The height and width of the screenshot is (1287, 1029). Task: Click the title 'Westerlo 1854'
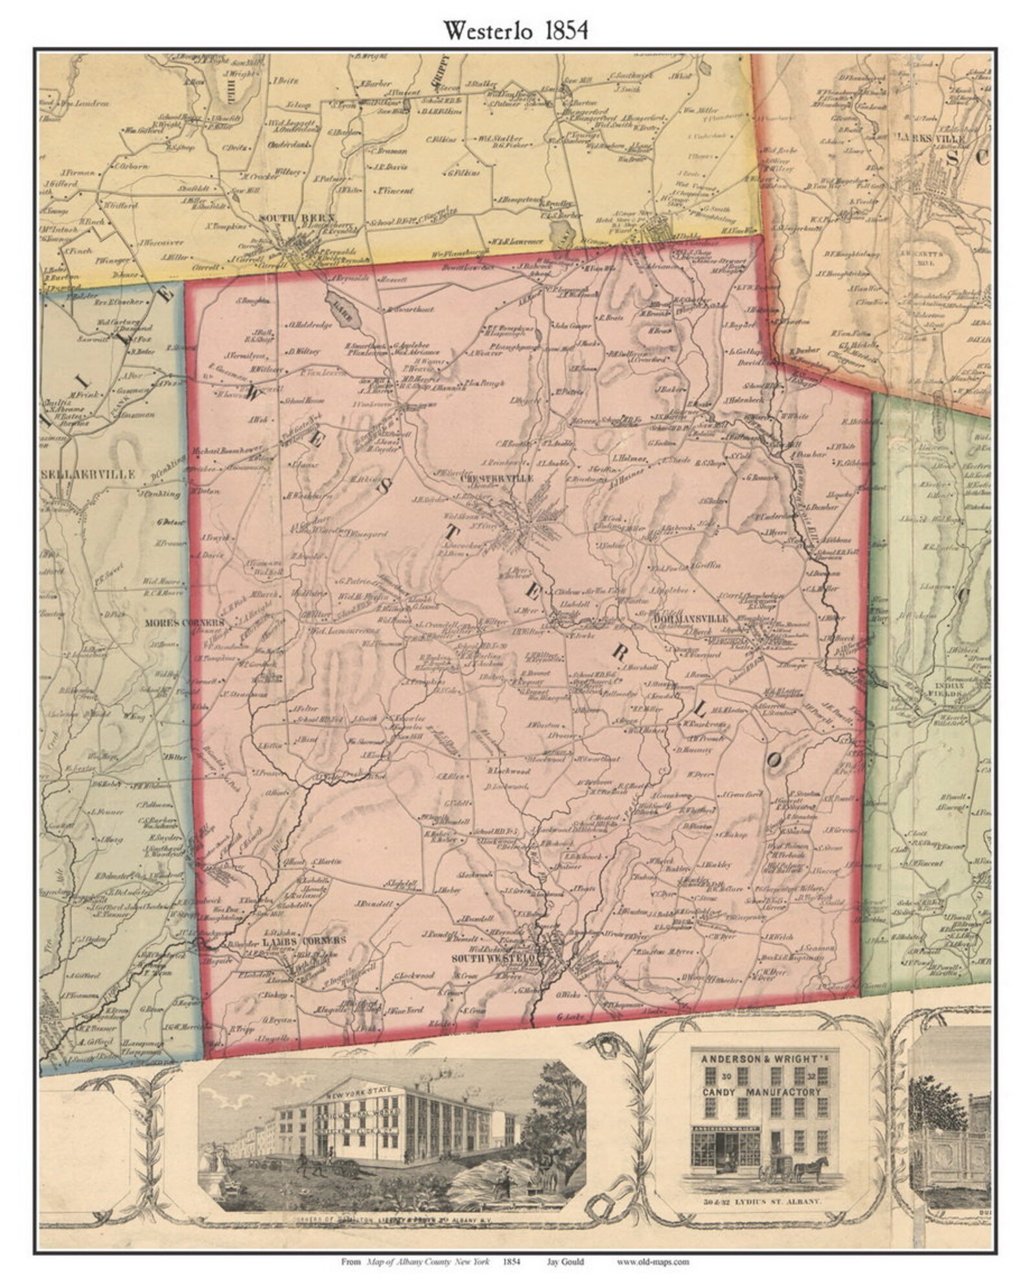[515, 30]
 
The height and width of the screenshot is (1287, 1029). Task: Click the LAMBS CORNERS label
[304, 940]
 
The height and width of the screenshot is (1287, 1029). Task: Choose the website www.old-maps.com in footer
[653, 1262]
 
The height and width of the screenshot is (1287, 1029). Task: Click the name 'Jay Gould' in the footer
[570, 1262]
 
